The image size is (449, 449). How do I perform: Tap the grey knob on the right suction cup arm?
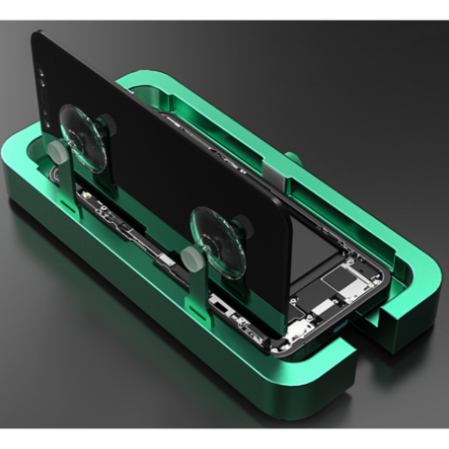(187, 259)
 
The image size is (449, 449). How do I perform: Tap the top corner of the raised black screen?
(40, 36)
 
